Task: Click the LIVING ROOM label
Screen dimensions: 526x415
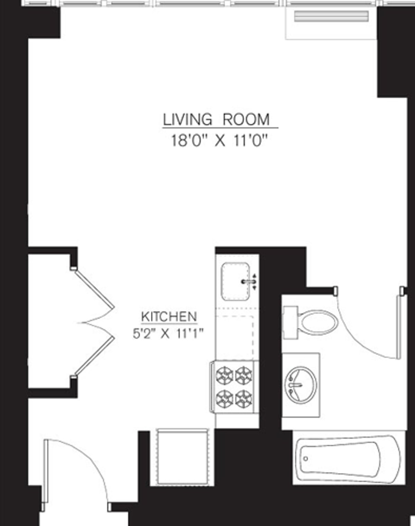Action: click(216, 120)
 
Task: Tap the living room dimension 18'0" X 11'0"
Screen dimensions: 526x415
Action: click(220, 141)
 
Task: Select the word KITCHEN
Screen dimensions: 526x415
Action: click(169, 316)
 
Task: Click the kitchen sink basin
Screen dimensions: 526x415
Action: click(233, 281)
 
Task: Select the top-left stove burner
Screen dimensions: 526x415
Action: click(225, 375)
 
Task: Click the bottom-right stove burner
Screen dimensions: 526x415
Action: click(244, 398)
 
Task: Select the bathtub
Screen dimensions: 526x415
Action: click(346, 459)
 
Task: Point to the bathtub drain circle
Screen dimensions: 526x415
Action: click(305, 458)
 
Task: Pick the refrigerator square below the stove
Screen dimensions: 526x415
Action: click(183, 455)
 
